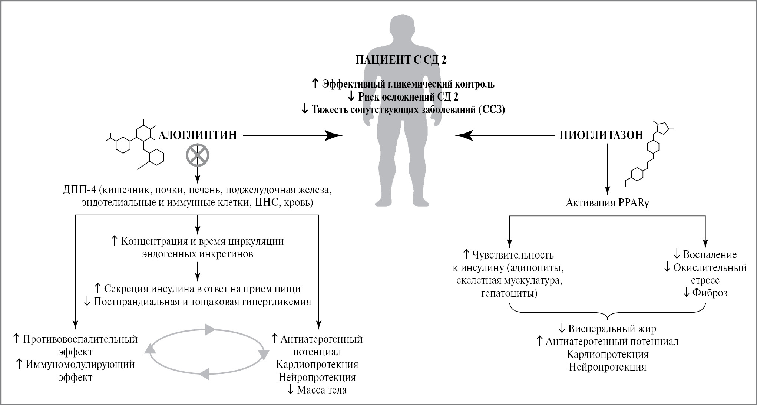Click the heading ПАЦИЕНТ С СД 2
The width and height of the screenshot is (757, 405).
click(401, 60)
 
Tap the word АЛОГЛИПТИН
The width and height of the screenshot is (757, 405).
click(198, 135)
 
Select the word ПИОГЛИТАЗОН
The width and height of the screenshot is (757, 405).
click(601, 135)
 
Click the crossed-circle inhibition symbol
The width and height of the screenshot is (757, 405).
click(197, 155)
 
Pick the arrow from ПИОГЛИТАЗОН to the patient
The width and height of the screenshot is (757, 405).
click(504, 136)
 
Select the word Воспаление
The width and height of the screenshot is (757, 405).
click(710, 255)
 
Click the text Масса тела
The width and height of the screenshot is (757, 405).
click(322, 390)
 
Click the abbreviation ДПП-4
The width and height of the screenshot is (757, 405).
click(79, 190)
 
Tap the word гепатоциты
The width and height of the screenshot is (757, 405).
click(509, 293)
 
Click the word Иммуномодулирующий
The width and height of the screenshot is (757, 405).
click(80, 365)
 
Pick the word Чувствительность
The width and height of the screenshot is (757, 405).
click(513, 255)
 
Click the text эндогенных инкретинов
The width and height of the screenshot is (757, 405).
click(198, 254)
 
